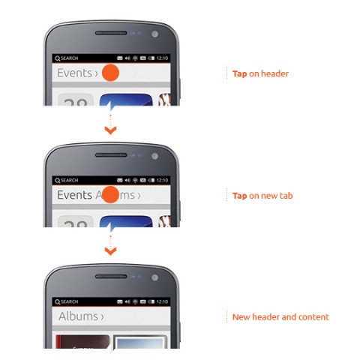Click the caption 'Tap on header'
coord(261,73)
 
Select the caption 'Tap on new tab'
coord(262,195)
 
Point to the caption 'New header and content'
coord(280,316)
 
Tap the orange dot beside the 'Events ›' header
coord(110,73)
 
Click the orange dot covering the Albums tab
coord(110,195)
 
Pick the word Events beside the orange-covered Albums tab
coord(75,195)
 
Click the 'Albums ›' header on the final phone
coord(81,316)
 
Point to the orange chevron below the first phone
coord(110,130)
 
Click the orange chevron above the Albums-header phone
coord(110,251)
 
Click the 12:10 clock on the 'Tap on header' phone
coord(162,58)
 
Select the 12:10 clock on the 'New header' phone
coord(162,301)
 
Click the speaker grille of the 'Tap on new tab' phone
coord(110,155)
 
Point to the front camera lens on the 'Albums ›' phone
coord(155,278)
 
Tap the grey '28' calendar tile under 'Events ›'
coord(75,99)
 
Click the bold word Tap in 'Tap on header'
coord(239,73)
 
